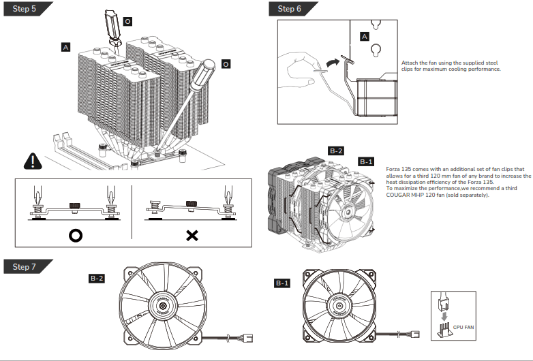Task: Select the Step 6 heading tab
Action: (289, 9)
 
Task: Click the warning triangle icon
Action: (32, 161)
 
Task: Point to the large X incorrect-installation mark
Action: (192, 236)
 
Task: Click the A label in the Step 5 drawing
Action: (65, 48)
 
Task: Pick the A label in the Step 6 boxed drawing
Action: (364, 35)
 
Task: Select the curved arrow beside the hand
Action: (331, 63)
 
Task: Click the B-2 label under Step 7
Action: (97, 279)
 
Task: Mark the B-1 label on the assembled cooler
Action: (366, 161)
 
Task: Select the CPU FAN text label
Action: (463, 328)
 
